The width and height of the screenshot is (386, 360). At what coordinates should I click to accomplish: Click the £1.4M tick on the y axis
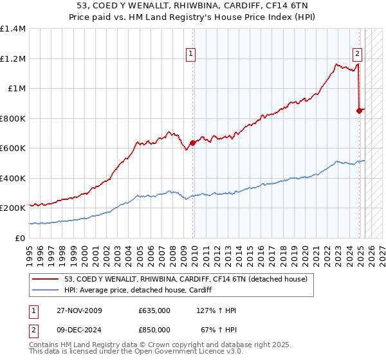tap(13, 29)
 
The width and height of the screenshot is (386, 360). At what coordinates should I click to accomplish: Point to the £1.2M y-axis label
tap(13, 59)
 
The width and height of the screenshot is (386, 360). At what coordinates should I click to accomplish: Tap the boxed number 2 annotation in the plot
tap(357, 54)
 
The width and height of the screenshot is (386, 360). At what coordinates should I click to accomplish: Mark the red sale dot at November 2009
tap(193, 143)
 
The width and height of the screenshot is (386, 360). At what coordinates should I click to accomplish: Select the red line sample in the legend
tap(46, 279)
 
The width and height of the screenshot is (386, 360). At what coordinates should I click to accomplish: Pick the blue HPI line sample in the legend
tap(46, 290)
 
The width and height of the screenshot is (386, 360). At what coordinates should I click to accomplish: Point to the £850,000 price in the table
tap(154, 330)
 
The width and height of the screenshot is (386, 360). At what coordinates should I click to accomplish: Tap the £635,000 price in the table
tap(154, 310)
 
